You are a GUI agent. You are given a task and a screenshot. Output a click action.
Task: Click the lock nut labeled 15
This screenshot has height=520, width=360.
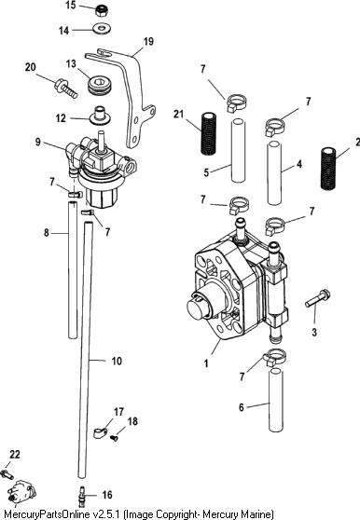click(x=103, y=11)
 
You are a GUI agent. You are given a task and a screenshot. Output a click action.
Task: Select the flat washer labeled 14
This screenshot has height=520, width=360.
click(x=103, y=28)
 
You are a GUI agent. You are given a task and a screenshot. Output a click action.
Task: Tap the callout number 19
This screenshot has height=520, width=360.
click(x=148, y=41)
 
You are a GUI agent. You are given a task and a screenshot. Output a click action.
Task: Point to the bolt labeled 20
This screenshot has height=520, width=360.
click(x=65, y=88)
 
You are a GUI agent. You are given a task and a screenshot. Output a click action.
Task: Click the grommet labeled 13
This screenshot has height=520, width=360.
click(x=100, y=85)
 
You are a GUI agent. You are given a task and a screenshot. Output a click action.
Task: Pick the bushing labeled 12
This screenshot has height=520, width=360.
click(x=100, y=115)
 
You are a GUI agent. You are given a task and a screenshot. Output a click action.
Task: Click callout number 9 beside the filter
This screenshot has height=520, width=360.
click(x=38, y=142)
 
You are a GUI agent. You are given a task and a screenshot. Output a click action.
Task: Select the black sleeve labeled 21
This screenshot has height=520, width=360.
click(x=209, y=133)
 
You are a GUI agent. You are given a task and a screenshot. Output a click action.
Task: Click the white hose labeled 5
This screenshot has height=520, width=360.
click(x=238, y=150)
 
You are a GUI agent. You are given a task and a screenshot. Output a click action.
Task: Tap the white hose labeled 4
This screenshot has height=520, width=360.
click(x=274, y=172)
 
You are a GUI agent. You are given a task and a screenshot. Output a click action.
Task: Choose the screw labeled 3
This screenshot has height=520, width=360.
click(x=317, y=298)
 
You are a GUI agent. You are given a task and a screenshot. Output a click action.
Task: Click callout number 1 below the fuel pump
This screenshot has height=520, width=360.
click(x=206, y=363)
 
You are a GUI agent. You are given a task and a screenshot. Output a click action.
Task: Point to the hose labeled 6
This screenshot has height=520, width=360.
click(x=276, y=400)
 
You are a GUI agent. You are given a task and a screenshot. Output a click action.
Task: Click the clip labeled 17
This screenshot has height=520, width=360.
click(x=100, y=432)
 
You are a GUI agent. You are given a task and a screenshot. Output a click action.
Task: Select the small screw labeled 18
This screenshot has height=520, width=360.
click(x=115, y=438)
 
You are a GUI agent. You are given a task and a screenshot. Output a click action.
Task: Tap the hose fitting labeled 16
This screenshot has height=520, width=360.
click(x=81, y=497)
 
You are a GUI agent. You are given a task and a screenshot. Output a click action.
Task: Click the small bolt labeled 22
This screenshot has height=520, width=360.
click(x=7, y=474)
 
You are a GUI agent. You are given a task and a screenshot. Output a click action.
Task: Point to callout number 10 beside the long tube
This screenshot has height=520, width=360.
click(x=117, y=361)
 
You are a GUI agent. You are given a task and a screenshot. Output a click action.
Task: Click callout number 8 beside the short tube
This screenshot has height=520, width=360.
click(x=47, y=233)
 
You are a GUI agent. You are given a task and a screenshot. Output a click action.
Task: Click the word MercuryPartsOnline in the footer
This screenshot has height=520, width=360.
click(x=48, y=514)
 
